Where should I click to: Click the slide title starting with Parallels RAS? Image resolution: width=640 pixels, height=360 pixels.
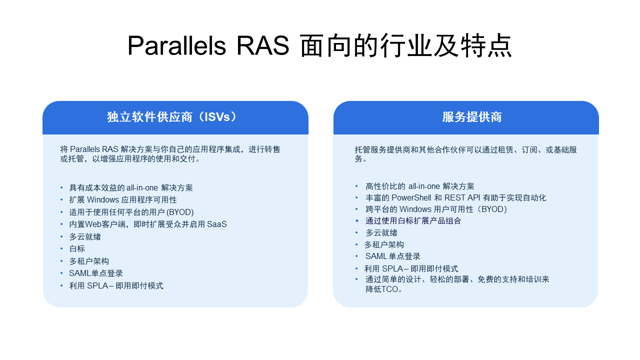click(x=319, y=46)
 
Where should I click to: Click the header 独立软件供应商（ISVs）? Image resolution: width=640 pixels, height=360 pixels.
click(x=172, y=117)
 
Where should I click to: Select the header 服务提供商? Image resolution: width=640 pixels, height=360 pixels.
click(x=471, y=117)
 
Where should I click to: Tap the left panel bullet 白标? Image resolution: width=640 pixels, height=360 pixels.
click(x=77, y=249)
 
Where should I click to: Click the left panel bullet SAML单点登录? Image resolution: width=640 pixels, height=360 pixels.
click(x=96, y=273)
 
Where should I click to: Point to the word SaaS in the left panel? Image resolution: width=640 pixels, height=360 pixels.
click(x=216, y=224)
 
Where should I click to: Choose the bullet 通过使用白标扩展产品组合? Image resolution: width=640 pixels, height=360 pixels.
click(x=413, y=221)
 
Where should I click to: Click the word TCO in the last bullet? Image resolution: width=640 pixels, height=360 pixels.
click(x=390, y=289)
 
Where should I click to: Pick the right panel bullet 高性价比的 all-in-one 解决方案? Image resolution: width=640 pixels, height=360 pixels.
click(x=420, y=186)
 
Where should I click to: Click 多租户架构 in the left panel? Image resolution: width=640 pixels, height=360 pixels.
click(x=89, y=261)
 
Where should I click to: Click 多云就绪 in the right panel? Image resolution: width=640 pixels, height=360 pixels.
click(x=381, y=233)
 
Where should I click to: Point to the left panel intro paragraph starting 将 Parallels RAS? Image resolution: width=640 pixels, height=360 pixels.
click(x=170, y=154)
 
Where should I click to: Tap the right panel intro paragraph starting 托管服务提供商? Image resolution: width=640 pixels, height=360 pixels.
click(x=466, y=154)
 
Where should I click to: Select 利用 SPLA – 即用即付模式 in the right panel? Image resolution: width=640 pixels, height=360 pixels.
click(x=411, y=269)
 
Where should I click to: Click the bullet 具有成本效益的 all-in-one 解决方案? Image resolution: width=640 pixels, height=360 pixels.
click(x=131, y=188)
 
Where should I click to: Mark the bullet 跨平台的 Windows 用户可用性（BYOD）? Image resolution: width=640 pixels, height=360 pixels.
click(x=436, y=209)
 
